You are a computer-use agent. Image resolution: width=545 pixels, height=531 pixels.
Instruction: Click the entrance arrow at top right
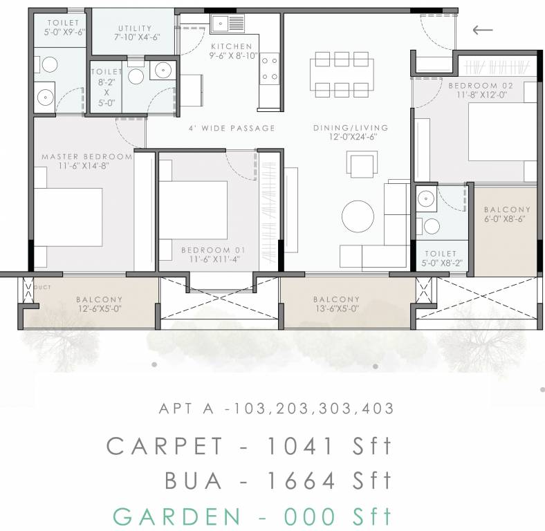click(482, 30)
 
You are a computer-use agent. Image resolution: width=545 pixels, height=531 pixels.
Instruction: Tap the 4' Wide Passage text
click(232, 128)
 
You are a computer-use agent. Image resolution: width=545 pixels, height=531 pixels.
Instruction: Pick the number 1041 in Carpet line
click(299, 447)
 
